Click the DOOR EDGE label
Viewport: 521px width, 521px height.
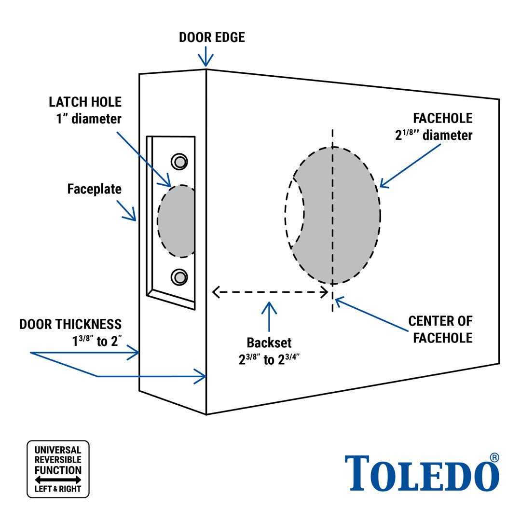click(x=212, y=37)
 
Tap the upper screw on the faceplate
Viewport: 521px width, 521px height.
click(x=179, y=161)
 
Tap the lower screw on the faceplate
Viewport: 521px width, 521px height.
click(x=179, y=277)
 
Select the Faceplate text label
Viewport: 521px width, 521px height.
click(x=94, y=189)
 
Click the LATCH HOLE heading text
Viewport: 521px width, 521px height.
click(x=85, y=102)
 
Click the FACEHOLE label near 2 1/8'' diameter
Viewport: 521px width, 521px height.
click(x=442, y=118)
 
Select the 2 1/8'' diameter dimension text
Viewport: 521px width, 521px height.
click(x=434, y=135)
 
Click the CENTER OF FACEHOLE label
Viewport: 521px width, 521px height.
click(x=440, y=329)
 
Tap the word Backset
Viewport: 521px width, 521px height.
click(x=269, y=343)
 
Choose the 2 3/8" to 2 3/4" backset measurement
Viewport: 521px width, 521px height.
click(x=270, y=360)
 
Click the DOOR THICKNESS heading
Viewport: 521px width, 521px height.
click(x=70, y=324)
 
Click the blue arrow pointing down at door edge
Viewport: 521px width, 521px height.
click(x=206, y=56)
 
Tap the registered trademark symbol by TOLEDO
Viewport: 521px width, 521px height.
click(x=494, y=457)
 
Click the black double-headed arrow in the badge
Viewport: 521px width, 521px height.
click(x=58, y=480)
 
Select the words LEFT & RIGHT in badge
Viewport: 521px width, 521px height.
click(x=58, y=489)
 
